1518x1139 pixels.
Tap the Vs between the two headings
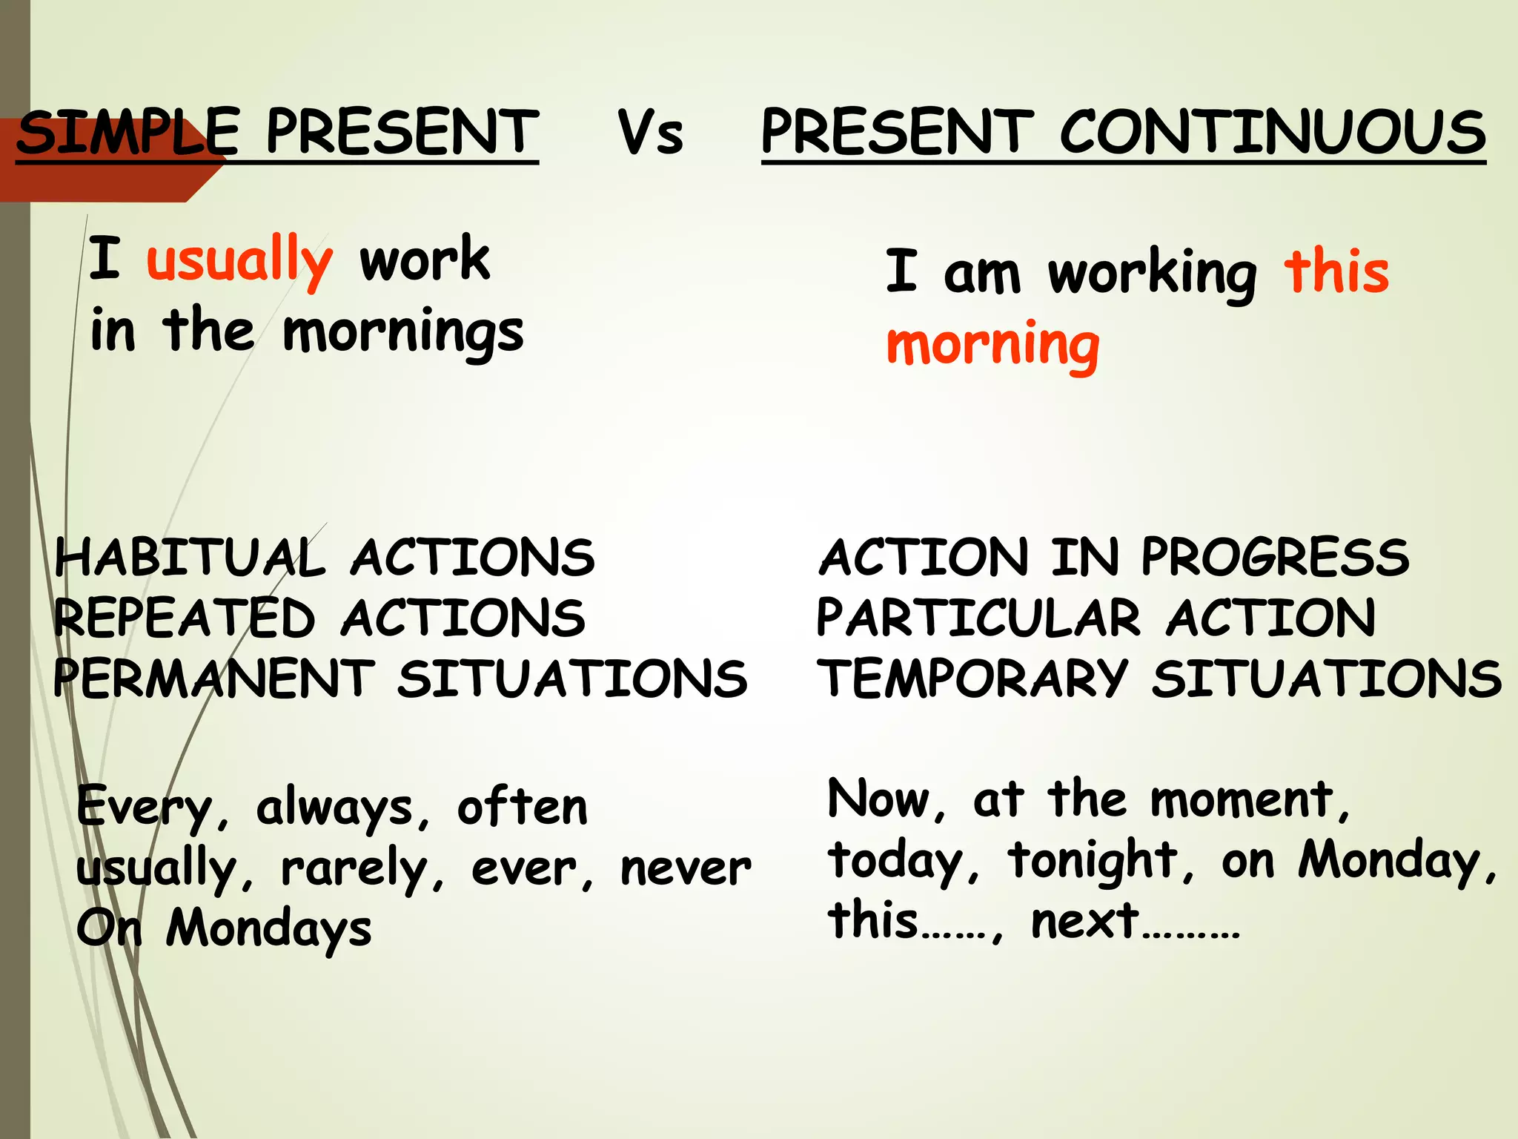coord(650,133)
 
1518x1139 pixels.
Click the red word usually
coord(239,260)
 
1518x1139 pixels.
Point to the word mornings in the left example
coord(403,332)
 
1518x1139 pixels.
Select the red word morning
coord(992,346)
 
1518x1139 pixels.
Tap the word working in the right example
coord(1152,274)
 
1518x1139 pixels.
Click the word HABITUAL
coord(190,558)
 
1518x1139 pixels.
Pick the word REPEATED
coord(184,618)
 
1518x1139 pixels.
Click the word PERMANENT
coord(213,679)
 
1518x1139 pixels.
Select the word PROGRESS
coord(1274,558)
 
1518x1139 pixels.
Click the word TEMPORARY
coord(972,679)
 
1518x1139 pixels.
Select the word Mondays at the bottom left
coord(268,928)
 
